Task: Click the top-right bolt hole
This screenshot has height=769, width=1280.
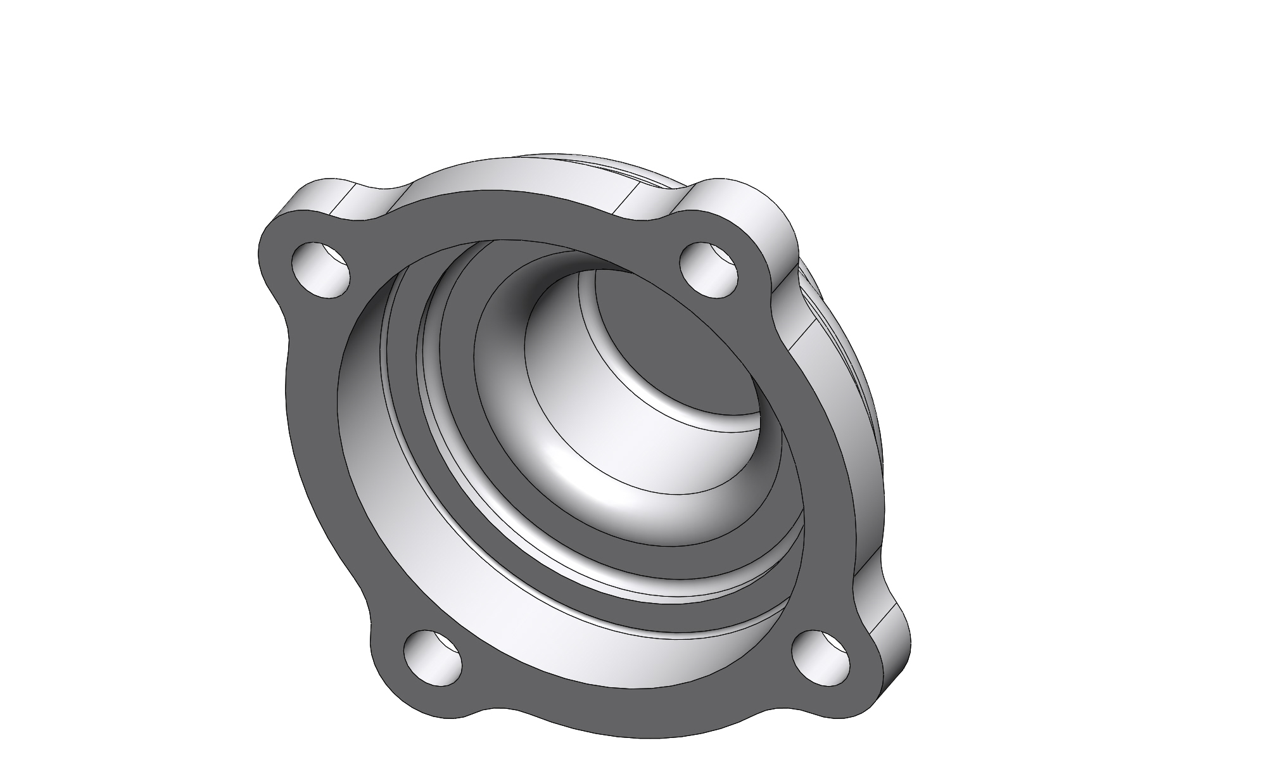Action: click(x=709, y=269)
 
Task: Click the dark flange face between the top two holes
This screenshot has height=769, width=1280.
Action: click(x=507, y=219)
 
